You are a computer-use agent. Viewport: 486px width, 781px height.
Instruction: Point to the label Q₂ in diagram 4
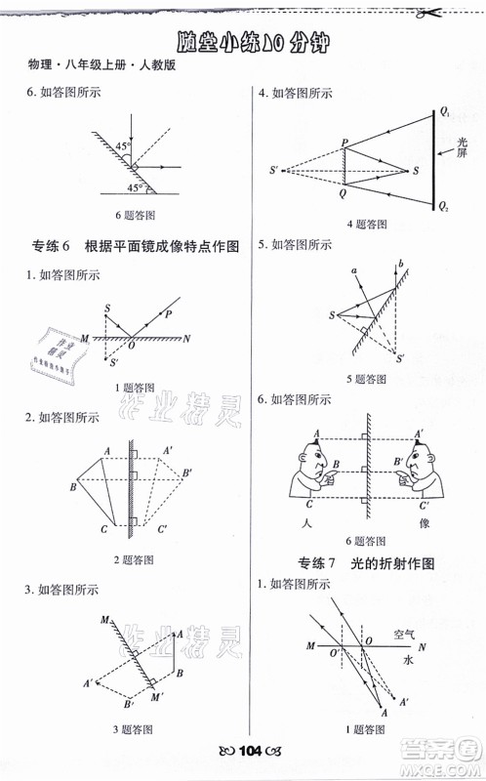tap(445, 207)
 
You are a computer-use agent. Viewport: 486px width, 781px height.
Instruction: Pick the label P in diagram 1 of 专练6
tap(168, 313)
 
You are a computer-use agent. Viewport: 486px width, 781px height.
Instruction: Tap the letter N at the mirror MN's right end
tap(186, 338)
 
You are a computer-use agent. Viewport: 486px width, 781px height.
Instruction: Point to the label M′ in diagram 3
tap(157, 697)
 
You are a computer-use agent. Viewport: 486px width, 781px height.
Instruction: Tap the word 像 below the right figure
tap(424, 523)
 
